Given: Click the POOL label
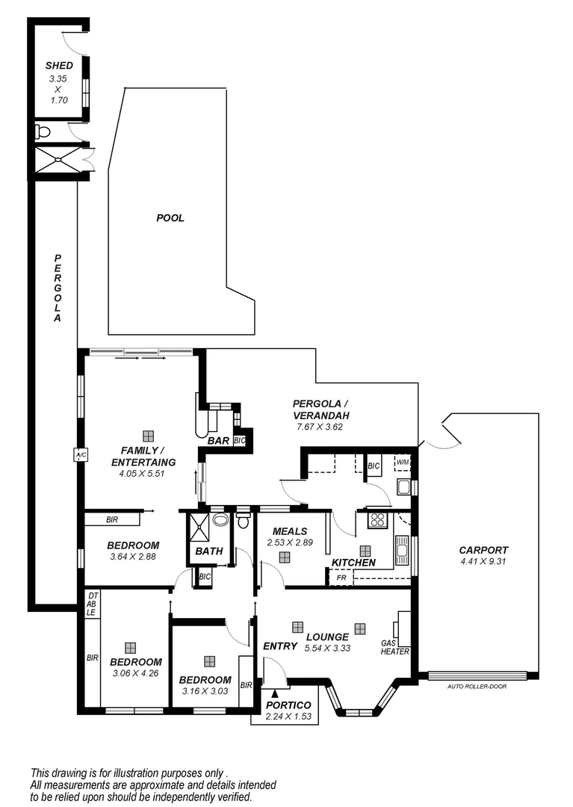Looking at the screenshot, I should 170,218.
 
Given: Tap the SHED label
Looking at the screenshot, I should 59,66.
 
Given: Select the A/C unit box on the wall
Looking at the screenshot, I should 79,454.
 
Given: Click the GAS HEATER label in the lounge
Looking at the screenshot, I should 395,646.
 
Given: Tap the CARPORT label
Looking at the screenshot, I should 483,550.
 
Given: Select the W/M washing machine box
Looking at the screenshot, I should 403,462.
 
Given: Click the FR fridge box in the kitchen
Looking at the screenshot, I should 340,578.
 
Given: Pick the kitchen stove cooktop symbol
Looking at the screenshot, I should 377,520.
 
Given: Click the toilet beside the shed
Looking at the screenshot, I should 43,132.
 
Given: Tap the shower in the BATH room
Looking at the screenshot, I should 199,527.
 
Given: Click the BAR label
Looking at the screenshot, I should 218,441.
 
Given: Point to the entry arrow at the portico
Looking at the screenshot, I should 275,696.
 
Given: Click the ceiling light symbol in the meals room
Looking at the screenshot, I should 285,557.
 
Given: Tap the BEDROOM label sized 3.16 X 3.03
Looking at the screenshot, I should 205,680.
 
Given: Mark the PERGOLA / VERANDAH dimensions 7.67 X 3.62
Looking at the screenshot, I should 320,427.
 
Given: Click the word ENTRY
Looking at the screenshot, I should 280,646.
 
